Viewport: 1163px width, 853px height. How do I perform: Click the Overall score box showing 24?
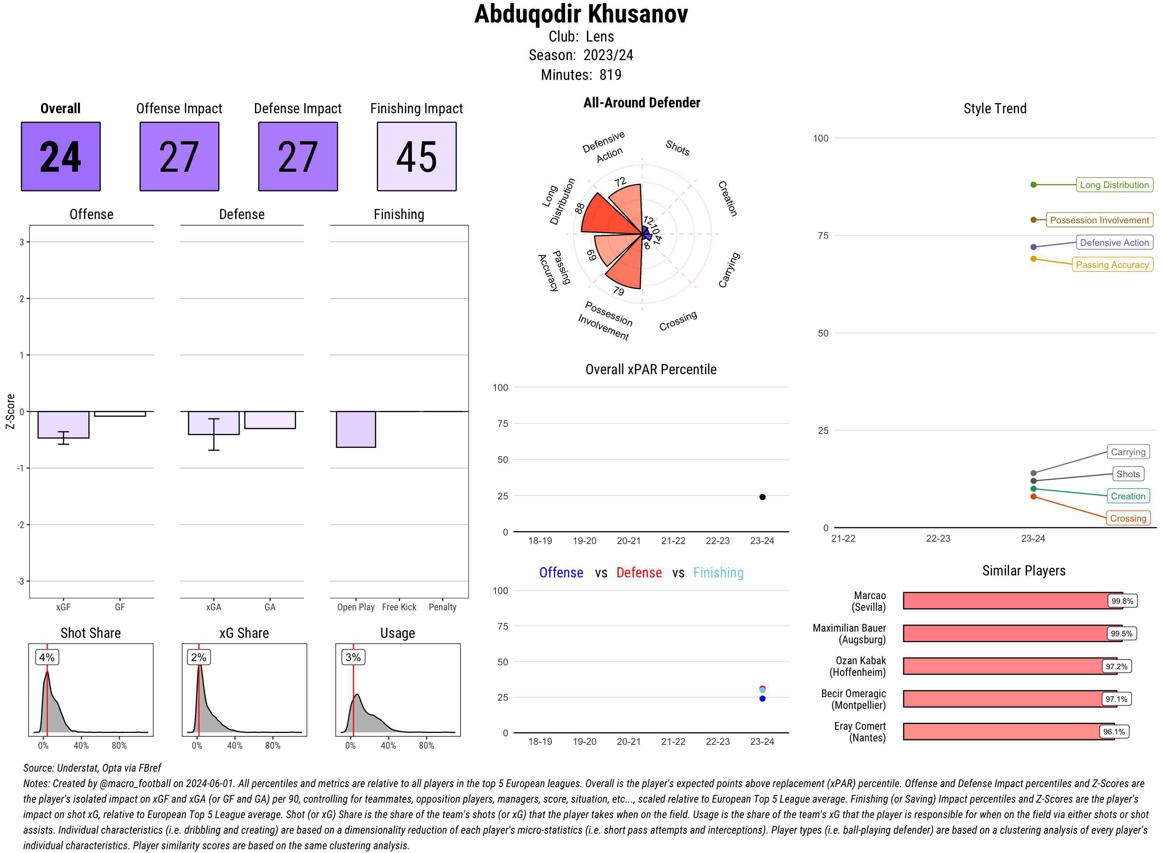(x=60, y=157)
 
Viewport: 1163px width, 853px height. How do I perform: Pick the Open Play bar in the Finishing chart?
(x=355, y=429)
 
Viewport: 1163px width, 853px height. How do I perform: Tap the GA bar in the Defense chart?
(x=269, y=420)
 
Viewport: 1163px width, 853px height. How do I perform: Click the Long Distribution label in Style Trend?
(x=1114, y=185)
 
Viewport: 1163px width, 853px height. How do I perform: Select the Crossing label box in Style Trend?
(x=1127, y=518)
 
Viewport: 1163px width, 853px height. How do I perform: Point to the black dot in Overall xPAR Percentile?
(x=762, y=497)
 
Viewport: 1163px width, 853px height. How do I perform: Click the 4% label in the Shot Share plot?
(x=47, y=657)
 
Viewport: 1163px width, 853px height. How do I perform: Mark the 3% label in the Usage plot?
(x=353, y=657)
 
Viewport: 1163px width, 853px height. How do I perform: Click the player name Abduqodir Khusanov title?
(x=581, y=14)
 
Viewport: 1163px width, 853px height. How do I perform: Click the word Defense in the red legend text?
(x=638, y=573)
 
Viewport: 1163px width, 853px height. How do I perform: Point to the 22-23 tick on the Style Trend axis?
(x=938, y=539)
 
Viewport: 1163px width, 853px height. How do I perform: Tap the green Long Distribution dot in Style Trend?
(x=1033, y=185)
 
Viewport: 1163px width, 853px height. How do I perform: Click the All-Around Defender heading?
(x=642, y=103)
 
